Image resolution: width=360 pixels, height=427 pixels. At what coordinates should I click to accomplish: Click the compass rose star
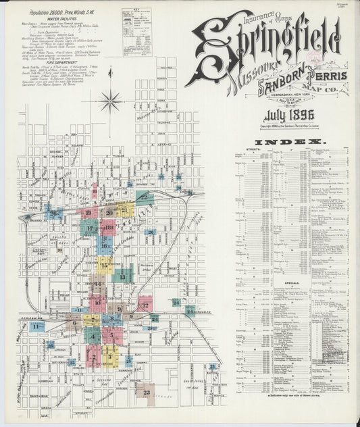(x=109, y=101)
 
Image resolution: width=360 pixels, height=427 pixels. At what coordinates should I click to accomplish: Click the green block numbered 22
(x=144, y=197)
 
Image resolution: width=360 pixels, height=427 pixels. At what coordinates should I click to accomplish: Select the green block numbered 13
(x=124, y=275)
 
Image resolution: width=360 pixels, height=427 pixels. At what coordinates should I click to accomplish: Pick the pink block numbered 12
(x=145, y=305)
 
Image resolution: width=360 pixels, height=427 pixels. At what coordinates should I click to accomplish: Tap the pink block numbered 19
(x=89, y=213)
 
